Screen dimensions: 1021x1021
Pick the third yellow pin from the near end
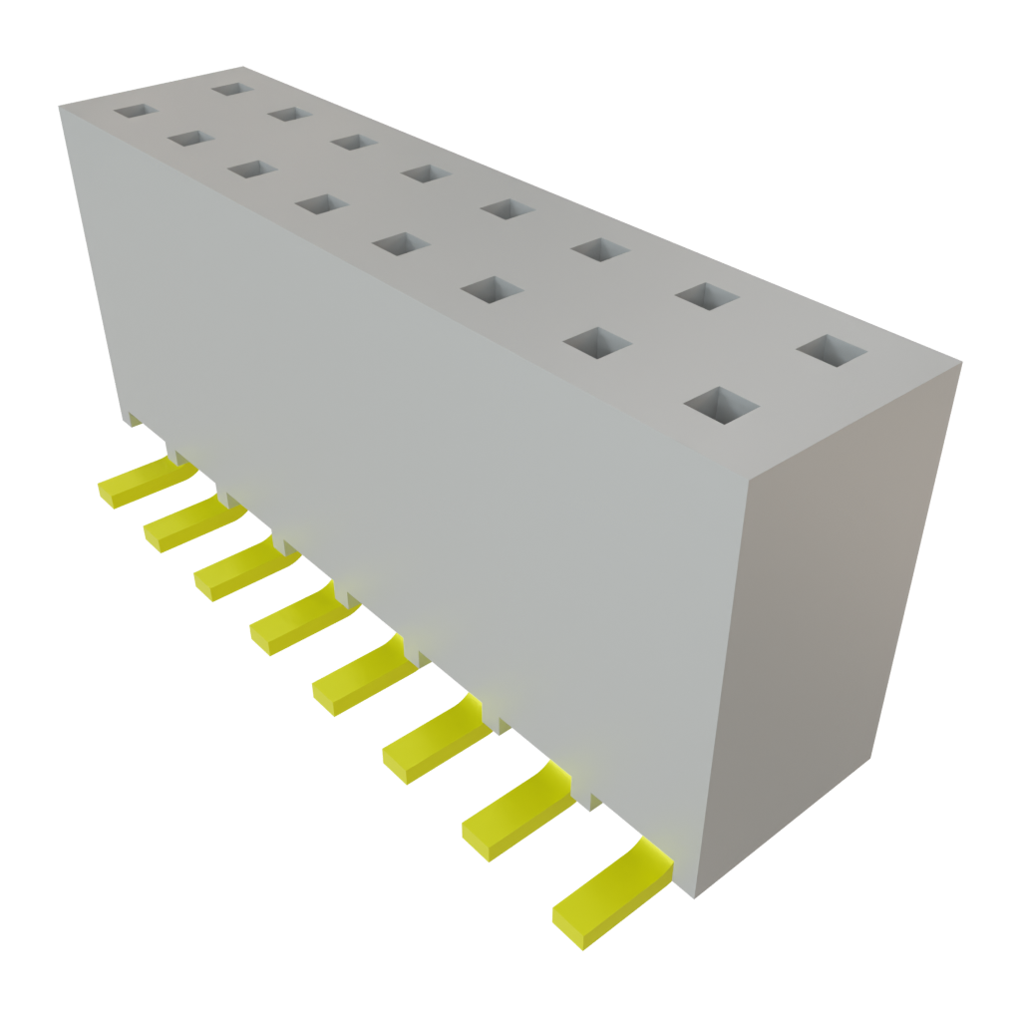point(435,740)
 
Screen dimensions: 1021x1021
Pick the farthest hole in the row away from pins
point(229,89)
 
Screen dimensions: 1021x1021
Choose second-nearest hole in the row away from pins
point(707,296)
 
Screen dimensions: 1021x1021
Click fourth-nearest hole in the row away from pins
point(507,208)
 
